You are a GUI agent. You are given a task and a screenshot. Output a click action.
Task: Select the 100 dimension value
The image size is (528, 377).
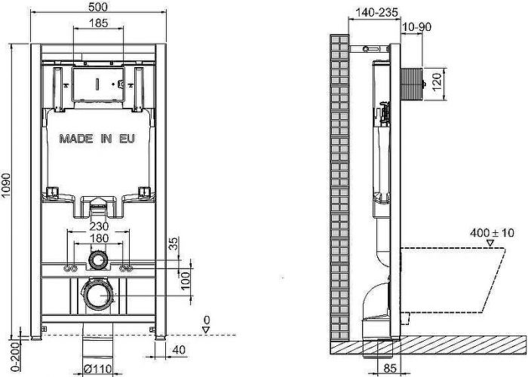tap(183, 280)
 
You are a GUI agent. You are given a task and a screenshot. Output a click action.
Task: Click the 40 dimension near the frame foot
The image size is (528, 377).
tap(178, 349)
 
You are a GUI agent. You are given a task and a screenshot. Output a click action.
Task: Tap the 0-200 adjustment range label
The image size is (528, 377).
tap(7, 354)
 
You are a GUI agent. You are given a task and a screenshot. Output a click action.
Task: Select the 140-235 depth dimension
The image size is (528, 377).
tap(374, 13)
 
